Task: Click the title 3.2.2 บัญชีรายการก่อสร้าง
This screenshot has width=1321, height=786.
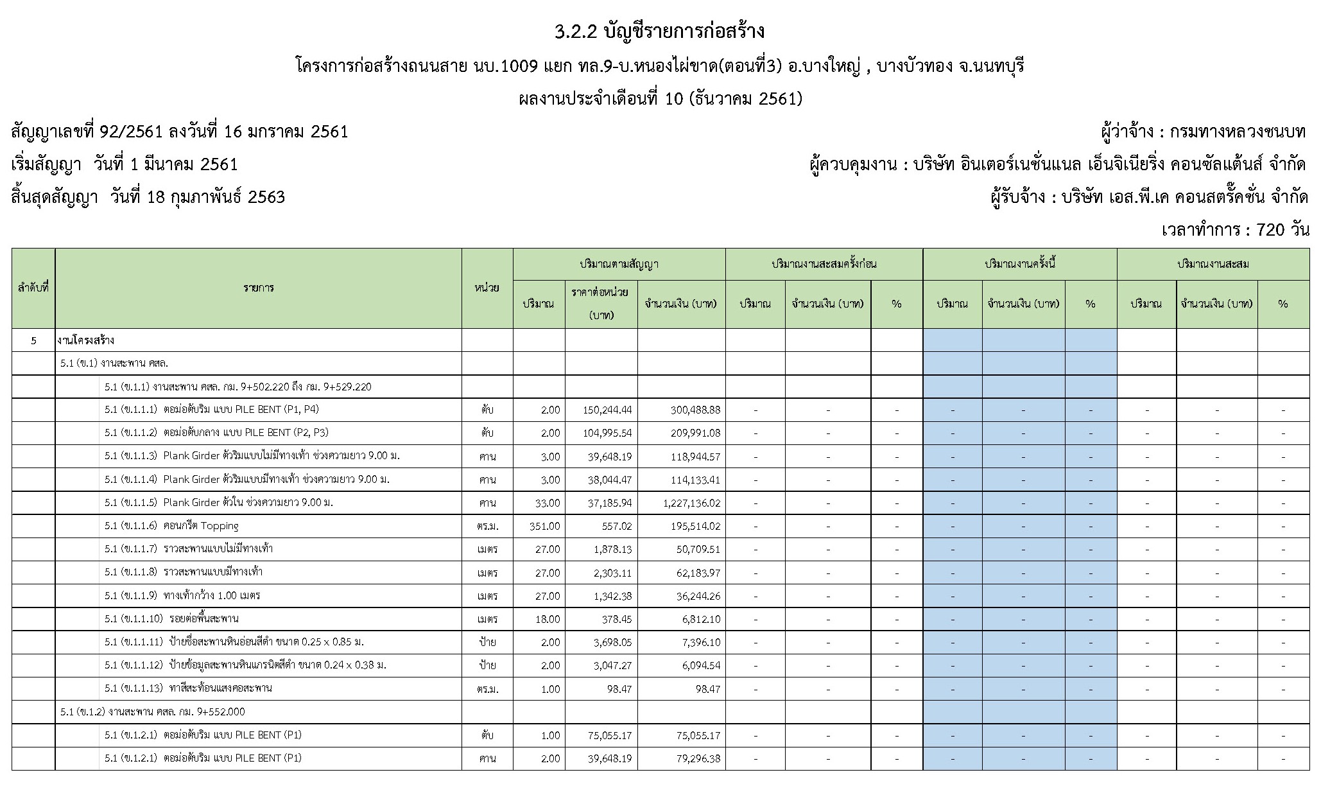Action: pos(660,31)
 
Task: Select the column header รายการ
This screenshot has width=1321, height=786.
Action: pos(259,288)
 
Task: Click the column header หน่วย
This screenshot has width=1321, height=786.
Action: pos(487,288)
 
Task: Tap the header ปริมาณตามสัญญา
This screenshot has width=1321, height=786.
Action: pos(619,264)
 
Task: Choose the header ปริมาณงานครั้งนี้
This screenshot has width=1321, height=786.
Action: pos(1020,264)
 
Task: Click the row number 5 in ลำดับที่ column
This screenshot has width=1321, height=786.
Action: pos(33,340)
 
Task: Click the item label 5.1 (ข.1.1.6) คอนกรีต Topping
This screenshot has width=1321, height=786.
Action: pos(171,526)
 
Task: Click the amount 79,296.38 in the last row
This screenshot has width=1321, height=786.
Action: pos(696,758)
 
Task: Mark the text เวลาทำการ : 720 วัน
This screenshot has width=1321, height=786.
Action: pos(1235,229)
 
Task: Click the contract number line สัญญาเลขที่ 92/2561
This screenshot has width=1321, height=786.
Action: pos(180,132)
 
